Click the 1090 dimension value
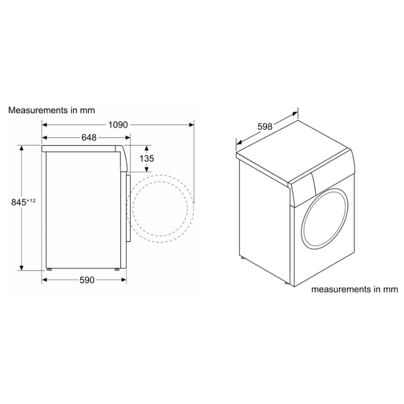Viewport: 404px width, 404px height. coord(118,125)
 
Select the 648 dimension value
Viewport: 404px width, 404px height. coord(89,137)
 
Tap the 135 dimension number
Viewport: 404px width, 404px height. coord(146,159)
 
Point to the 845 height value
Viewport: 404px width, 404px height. coord(19,203)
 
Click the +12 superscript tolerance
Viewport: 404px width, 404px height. coord(31,200)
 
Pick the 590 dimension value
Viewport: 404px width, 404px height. coord(87,280)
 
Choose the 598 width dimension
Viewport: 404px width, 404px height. coord(265,127)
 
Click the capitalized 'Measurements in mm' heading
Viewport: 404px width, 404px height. coord(52,110)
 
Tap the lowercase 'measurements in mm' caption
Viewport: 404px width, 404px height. coord(355,289)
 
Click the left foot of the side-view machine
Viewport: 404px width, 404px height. coord(48,269)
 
